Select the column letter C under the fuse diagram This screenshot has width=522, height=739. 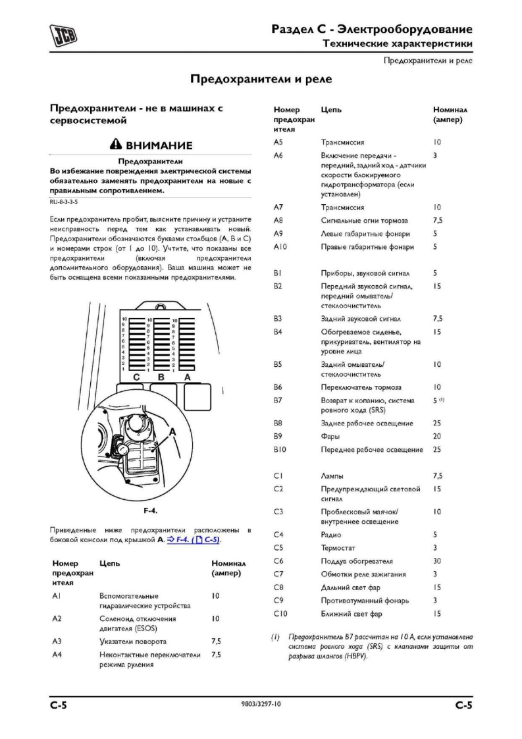pos(136,377)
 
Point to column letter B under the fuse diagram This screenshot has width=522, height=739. pos(161,377)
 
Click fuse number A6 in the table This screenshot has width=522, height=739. pos(278,155)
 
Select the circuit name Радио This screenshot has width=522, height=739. pos(332,535)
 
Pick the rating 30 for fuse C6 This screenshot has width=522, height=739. pos(437,561)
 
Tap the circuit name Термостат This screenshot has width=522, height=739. pos(339,548)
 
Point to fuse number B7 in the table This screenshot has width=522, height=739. pos(278,400)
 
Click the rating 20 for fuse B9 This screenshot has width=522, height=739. pos(437,437)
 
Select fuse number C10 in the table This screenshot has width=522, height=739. pos(280,614)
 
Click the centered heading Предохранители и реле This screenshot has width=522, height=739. pos(261,80)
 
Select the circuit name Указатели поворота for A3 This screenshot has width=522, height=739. pos(132,641)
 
